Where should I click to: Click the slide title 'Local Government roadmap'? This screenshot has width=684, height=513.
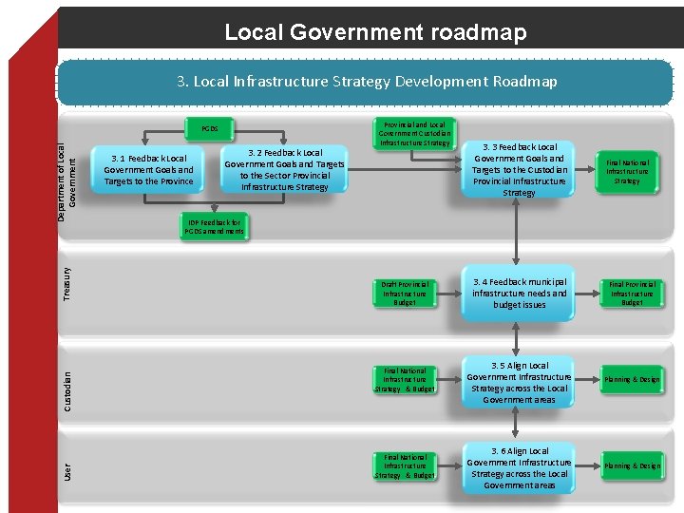click(374, 32)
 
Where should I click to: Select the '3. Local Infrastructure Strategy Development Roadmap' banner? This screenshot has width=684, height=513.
click(367, 82)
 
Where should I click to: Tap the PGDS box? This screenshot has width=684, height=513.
click(210, 128)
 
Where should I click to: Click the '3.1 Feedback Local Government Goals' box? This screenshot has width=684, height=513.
click(148, 169)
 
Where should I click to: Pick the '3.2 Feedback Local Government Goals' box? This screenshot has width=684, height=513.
click(285, 169)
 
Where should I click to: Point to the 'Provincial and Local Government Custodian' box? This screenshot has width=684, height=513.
click(413, 133)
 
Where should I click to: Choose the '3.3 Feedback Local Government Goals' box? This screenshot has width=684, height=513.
click(519, 170)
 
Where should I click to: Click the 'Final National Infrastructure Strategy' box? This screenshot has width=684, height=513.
click(627, 172)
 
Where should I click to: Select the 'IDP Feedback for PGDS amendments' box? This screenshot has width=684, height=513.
click(215, 226)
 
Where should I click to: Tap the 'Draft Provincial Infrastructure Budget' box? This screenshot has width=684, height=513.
click(406, 294)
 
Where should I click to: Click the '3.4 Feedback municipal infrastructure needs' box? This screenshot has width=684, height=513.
click(519, 294)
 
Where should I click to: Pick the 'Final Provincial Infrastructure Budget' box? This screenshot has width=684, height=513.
click(632, 294)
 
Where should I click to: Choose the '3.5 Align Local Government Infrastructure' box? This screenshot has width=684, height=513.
click(519, 383)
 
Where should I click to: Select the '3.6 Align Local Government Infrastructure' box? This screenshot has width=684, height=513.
click(519, 467)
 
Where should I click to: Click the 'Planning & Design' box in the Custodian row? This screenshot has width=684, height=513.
click(632, 380)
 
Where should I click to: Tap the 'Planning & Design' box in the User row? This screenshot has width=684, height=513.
click(632, 466)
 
